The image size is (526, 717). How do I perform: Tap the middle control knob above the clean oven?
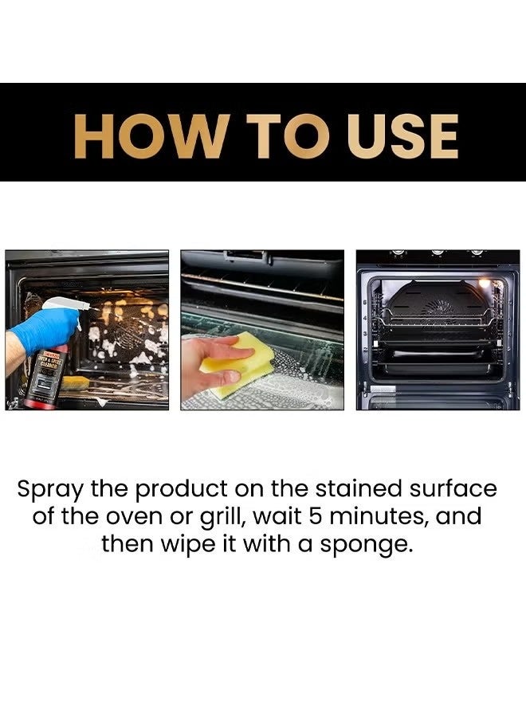(x=437, y=253)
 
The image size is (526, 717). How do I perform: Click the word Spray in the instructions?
(x=50, y=488)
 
